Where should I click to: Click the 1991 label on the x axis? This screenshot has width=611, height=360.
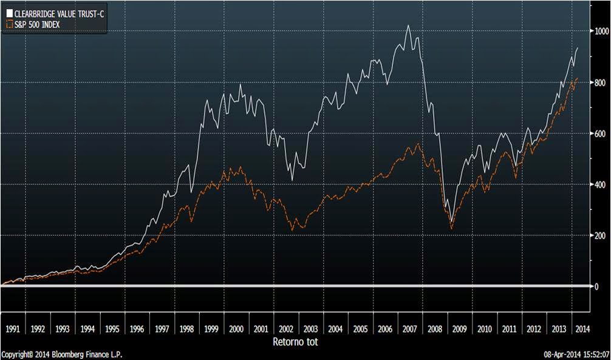tap(13, 328)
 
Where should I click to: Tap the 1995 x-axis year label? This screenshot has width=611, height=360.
tap(112, 328)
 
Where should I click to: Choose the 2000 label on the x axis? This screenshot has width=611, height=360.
tap(236, 328)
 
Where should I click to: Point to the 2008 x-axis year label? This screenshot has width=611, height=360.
tap(435, 328)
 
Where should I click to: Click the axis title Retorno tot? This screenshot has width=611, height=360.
tap(296, 342)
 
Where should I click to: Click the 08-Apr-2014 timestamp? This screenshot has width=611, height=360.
tap(576, 355)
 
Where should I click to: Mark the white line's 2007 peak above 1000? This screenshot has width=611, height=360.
tap(408, 25)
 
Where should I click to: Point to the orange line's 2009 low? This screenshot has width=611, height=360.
tap(451, 229)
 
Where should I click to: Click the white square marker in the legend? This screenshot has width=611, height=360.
tap(9, 11)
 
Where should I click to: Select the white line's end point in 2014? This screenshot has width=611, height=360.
tap(576, 47)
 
